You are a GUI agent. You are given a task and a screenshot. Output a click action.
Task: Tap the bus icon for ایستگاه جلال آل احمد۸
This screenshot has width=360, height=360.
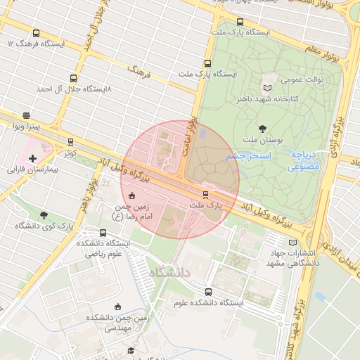point(73,79)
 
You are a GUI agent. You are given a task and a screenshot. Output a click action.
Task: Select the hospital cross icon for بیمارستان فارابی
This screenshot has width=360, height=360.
point(32,159)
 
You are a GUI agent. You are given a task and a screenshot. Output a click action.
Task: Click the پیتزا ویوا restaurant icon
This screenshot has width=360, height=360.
point(27,116)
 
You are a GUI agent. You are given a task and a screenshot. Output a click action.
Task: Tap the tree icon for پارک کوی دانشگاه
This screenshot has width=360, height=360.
point(44,215)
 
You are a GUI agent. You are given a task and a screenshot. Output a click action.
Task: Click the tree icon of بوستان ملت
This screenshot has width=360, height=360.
point(262,129)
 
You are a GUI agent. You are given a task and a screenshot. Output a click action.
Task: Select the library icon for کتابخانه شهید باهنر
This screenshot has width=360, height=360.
point(266,88)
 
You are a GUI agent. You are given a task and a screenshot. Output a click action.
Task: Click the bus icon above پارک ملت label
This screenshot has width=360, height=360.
point(205,194)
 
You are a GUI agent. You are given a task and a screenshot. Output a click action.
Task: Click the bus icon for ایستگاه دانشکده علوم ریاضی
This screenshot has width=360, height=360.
point(84,233)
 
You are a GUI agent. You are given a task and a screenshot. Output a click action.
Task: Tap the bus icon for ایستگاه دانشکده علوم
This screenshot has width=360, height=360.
point(207,292)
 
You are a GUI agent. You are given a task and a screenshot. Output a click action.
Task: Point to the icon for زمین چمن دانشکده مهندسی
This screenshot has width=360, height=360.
point(118,307)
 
